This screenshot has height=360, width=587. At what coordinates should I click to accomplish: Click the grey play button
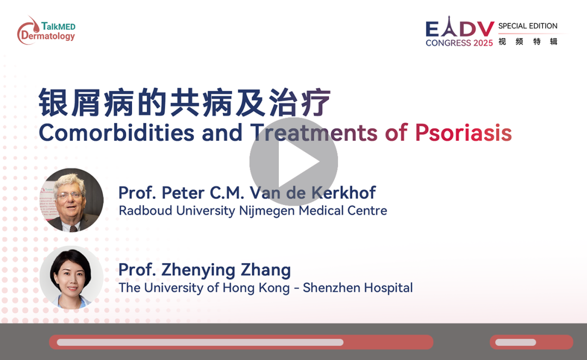click(293, 162)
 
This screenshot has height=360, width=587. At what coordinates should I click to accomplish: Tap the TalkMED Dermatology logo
click(46, 30)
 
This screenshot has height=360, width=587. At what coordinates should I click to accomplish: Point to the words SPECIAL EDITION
click(527, 26)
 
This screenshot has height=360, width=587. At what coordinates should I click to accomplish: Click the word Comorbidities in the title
click(116, 133)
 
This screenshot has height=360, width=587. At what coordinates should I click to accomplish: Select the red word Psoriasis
click(463, 133)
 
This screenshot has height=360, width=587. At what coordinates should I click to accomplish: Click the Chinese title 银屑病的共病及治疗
click(185, 102)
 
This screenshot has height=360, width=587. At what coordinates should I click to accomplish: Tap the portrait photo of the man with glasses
click(72, 200)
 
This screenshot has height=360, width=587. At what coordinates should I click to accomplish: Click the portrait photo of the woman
click(72, 277)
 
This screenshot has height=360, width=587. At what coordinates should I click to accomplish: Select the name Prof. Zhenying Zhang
click(204, 270)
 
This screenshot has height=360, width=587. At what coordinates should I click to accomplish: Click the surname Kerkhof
click(344, 193)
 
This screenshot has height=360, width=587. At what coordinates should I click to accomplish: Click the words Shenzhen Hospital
click(358, 288)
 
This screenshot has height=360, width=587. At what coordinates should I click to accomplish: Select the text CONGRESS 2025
click(459, 43)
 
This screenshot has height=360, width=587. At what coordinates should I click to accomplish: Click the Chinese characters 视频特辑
click(528, 41)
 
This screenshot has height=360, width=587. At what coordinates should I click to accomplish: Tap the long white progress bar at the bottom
click(200, 343)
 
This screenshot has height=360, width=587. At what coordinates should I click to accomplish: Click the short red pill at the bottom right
click(531, 343)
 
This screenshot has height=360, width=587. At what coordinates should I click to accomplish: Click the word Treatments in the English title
click(314, 133)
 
